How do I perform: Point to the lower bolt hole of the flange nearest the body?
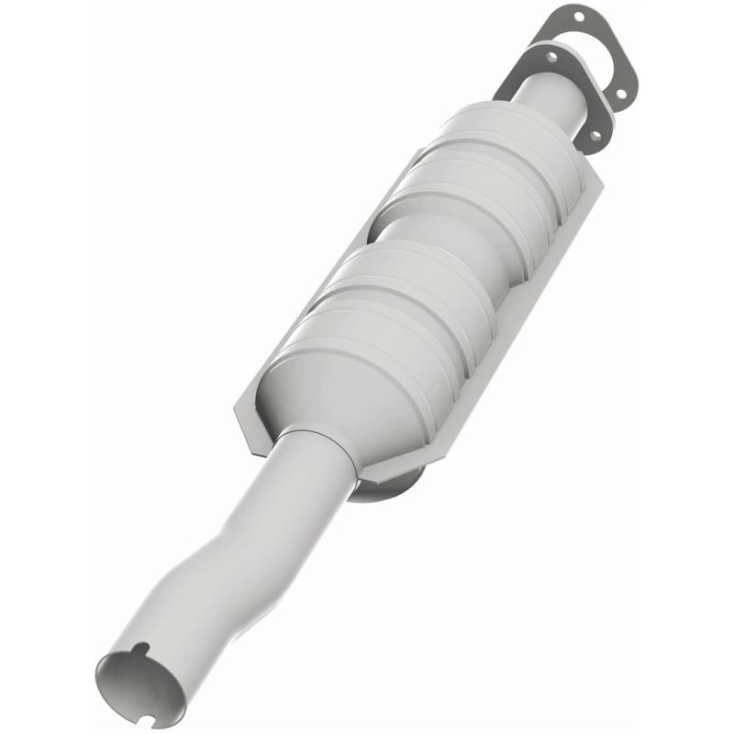tap(594, 136)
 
